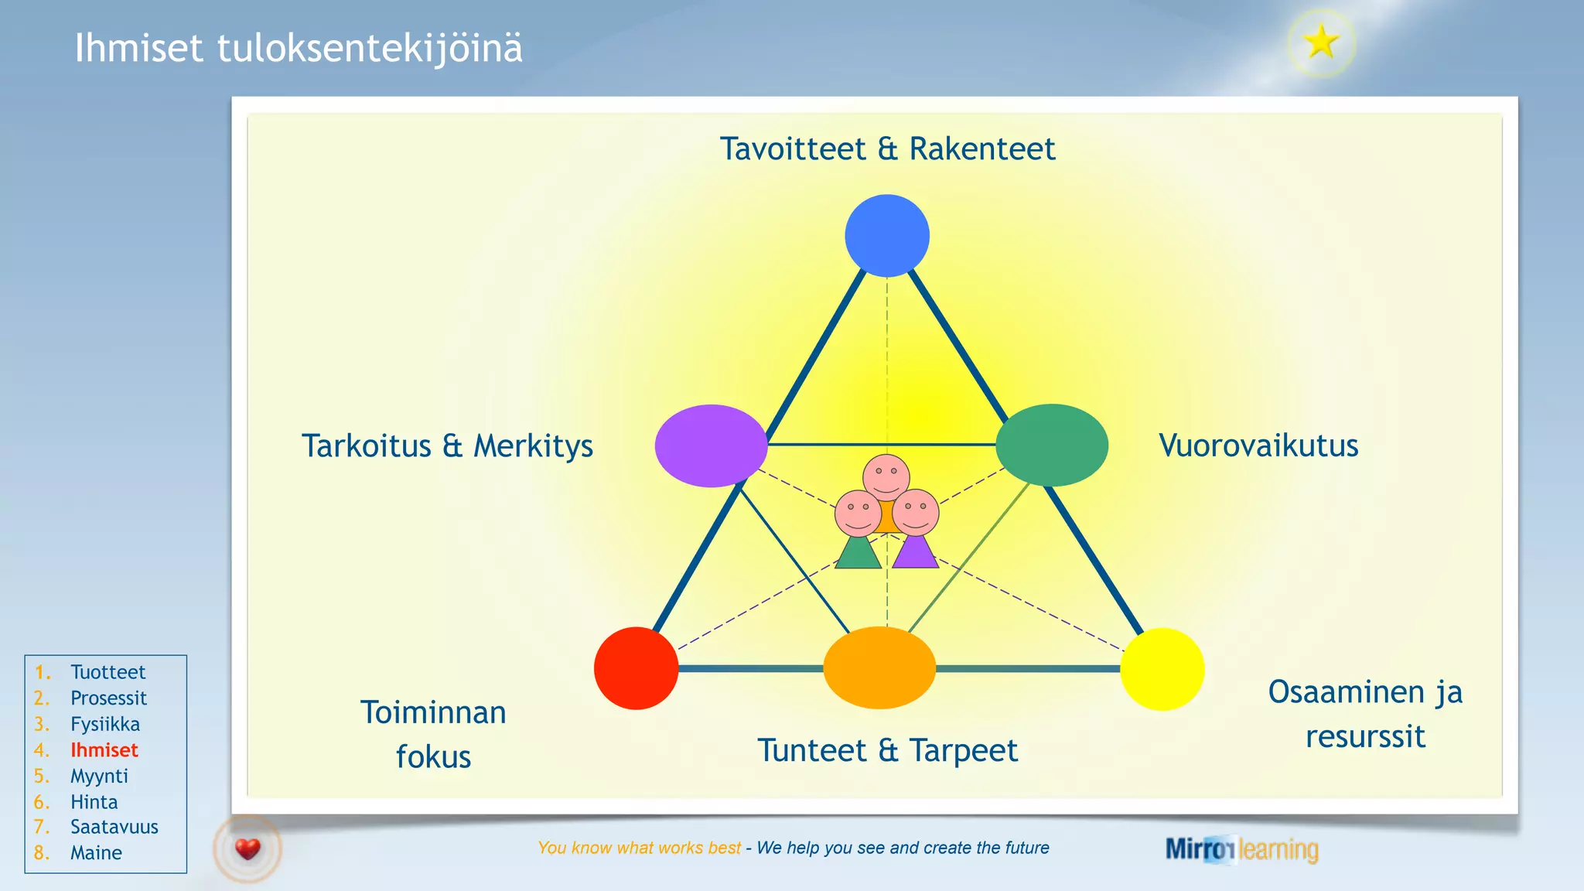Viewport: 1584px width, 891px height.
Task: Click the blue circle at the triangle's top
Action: (886, 236)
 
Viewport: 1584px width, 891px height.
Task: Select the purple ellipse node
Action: (711, 445)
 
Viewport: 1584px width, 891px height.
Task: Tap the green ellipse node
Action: (1052, 445)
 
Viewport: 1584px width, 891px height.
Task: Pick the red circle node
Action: (636, 668)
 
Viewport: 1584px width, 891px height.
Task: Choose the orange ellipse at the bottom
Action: (879, 667)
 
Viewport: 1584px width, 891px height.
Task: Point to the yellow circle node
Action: (1162, 669)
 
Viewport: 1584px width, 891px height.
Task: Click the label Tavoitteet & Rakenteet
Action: (887, 148)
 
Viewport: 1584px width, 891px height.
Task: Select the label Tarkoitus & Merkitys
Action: (447, 446)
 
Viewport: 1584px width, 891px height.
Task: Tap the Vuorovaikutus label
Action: (1258, 445)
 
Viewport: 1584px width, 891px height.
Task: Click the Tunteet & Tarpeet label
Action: (887, 750)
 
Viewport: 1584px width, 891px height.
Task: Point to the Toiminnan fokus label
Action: (433, 734)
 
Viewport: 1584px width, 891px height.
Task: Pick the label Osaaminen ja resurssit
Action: (1365, 714)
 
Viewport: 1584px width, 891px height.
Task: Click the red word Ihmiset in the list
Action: (104, 750)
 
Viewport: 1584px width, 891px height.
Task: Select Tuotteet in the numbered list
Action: (108, 672)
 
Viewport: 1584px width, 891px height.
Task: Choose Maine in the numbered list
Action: (96, 853)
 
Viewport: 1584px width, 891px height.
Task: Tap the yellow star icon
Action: (1321, 43)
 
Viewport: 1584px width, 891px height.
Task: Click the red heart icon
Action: (247, 849)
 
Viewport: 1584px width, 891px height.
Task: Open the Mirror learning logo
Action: (1241, 849)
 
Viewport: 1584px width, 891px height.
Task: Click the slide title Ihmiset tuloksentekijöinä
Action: (299, 48)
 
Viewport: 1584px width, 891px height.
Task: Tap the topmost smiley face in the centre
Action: (886, 475)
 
